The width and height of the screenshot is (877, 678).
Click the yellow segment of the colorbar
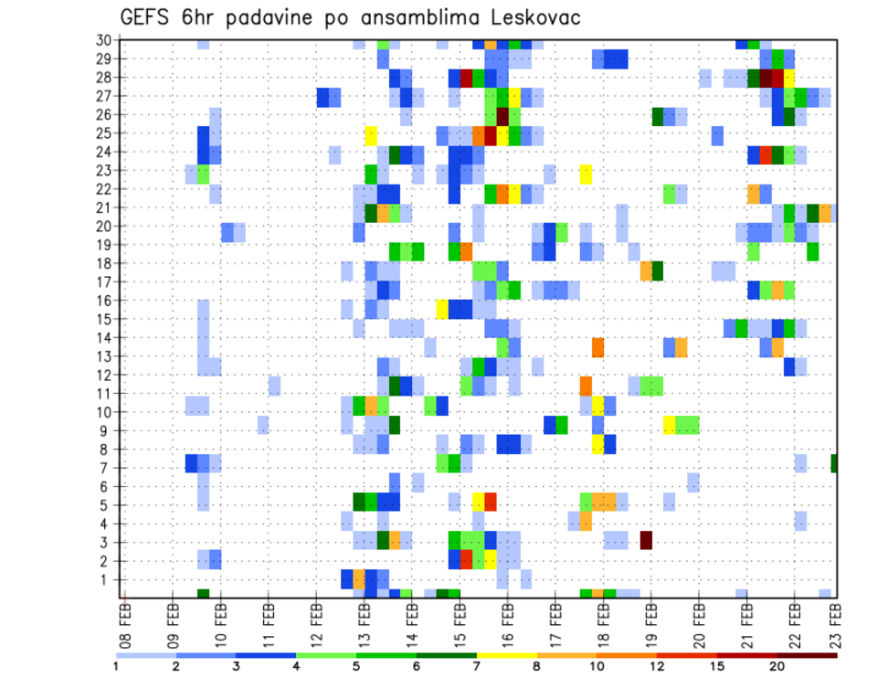tap(506, 655)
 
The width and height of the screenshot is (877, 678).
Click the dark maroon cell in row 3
tap(646, 539)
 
